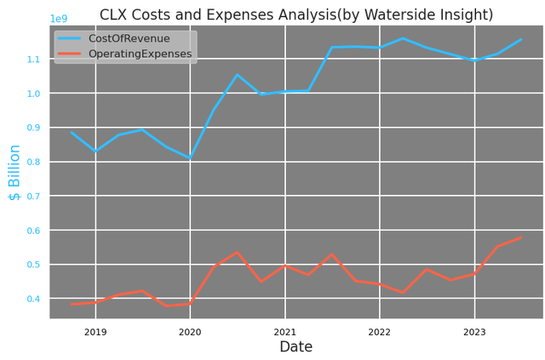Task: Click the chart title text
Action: coord(296,14)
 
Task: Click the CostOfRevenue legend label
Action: coord(129,39)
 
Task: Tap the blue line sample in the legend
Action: coord(71,39)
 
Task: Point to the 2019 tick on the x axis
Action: coord(95,332)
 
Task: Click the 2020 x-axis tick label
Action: coord(190,332)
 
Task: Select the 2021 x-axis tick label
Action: coord(284,332)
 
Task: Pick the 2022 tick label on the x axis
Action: coord(379,332)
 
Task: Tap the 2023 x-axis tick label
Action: coord(474,332)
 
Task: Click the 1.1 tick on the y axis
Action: coord(33,60)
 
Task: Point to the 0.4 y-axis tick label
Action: coord(33,299)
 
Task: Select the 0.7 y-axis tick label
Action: coord(33,197)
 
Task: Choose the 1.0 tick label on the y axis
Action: coord(33,94)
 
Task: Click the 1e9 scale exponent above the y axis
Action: coord(59,19)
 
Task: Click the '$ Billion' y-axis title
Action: coord(14,172)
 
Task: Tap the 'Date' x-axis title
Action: coord(296,347)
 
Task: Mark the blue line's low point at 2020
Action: coord(190,158)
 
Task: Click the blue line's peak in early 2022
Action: coord(403,38)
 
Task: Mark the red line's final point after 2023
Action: coord(521,237)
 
